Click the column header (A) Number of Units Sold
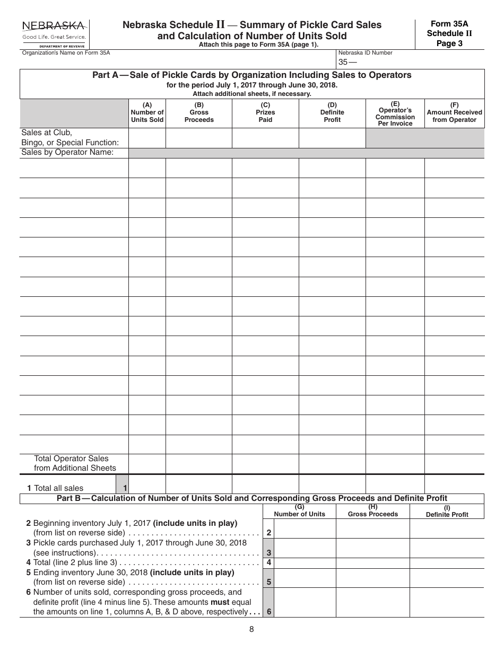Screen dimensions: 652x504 tap(147, 112)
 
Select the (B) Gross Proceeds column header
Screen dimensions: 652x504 tap(199, 112)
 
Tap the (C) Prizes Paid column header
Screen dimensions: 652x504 tap(265, 112)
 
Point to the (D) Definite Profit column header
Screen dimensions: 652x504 tap(332, 112)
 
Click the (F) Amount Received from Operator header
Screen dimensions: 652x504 tap(454, 112)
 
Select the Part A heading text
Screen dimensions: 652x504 tap(252, 75)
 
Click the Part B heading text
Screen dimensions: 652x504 tap(252, 498)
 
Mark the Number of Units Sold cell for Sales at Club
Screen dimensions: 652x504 tap(147, 137)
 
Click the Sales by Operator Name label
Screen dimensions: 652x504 tap(67, 153)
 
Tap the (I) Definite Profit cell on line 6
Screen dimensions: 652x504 tap(447, 602)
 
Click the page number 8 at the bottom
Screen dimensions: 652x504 tap(251, 629)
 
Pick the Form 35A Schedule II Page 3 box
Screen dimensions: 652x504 tap(449, 33)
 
